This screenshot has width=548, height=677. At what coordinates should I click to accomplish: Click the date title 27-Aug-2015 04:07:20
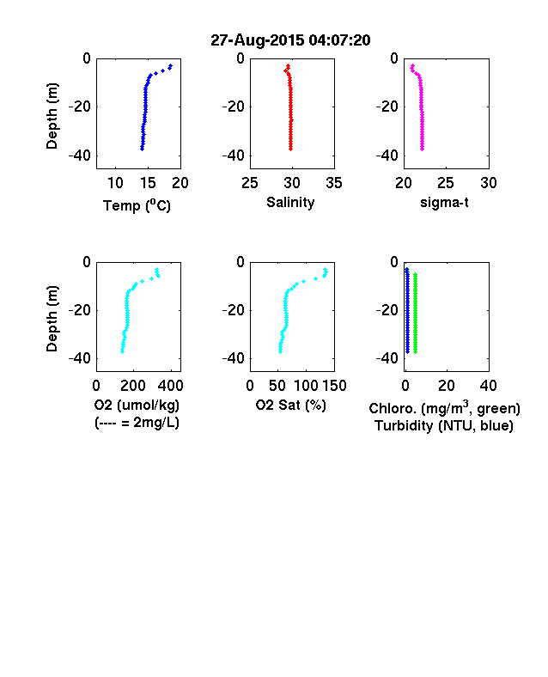[x=290, y=40]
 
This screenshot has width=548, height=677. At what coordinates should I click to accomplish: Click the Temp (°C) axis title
[x=137, y=205]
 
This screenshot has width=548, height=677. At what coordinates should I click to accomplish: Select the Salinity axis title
[x=290, y=203]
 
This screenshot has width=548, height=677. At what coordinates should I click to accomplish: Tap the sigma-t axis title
[x=444, y=203]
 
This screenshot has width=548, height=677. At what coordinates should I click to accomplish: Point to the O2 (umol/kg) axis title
[x=137, y=406]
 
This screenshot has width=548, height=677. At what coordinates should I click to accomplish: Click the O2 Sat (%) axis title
[x=291, y=406]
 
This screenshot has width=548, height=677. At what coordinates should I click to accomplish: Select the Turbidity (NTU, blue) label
[x=444, y=426]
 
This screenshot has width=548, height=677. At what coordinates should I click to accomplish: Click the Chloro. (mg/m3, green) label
[x=444, y=408]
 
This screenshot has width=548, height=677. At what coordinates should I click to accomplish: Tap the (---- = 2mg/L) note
[x=137, y=423]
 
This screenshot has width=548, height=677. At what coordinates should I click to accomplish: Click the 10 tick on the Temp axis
[x=115, y=183]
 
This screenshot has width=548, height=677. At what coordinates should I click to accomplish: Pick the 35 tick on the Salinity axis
[x=334, y=183]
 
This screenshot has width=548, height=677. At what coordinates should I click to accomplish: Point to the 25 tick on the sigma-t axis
[x=445, y=183]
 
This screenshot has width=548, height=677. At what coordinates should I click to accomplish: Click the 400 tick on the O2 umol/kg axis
[x=171, y=386]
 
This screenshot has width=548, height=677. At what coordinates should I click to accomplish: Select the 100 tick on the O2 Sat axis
[x=306, y=386]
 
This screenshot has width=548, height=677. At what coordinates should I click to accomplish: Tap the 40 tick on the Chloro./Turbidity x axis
[x=488, y=386]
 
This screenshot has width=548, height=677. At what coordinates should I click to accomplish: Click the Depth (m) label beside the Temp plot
[x=52, y=116]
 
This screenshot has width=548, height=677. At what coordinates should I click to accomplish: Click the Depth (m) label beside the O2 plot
[x=52, y=319]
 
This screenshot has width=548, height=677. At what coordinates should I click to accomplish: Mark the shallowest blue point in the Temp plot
[x=171, y=65]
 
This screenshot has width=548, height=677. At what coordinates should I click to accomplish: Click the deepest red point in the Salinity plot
[x=291, y=149]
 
